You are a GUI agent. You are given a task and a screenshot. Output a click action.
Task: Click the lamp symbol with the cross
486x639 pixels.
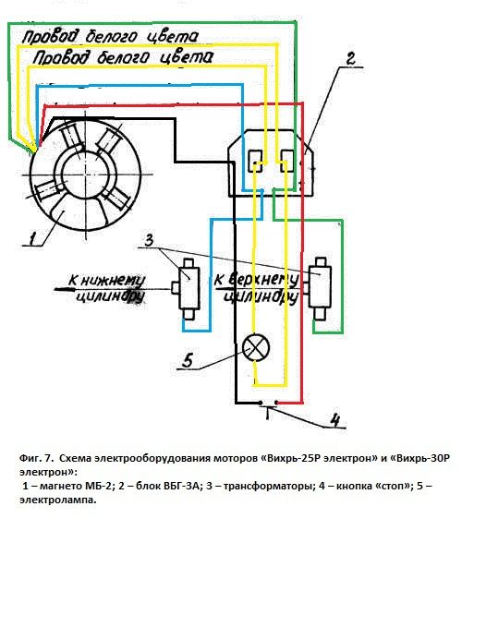pos(256,347)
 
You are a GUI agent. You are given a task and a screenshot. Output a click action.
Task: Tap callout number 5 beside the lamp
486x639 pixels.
pos(188,360)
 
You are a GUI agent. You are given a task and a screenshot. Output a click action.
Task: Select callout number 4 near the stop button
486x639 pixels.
pos(334,419)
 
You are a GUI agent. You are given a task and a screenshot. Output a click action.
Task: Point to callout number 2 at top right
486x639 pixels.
pos(349,58)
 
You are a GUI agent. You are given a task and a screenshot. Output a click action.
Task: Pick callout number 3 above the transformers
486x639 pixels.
pos(150,240)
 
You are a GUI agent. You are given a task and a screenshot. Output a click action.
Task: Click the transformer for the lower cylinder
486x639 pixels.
pos(188,288)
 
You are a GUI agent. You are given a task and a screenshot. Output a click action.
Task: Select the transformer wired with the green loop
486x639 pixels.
pos(320,287)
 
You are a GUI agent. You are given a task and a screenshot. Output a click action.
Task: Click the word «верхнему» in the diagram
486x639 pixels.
pos(262,280)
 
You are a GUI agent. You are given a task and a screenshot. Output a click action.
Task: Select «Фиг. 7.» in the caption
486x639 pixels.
pos(36,458)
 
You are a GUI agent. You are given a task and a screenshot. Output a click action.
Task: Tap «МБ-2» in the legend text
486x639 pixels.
pos(98,487)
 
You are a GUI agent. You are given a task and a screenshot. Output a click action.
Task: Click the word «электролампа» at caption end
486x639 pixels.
pos(58,500)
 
